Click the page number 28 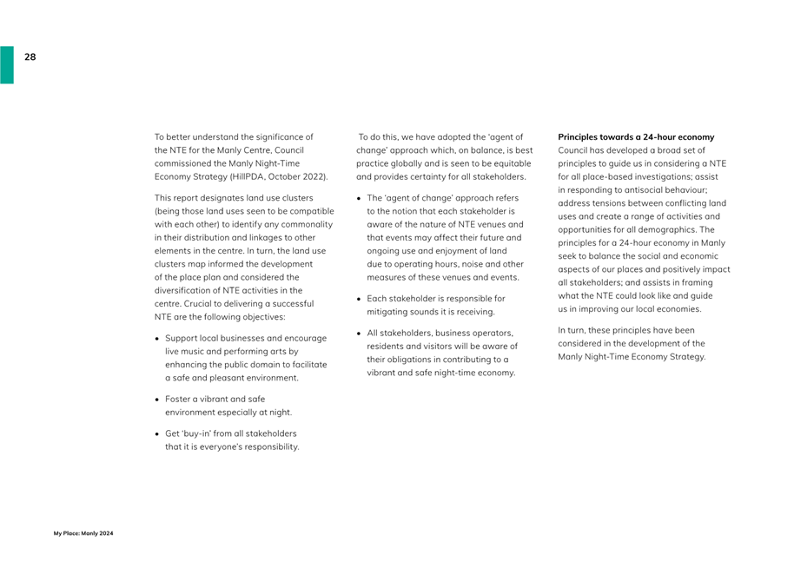coord(30,57)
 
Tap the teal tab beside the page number coord(6,64)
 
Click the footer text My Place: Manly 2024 coord(83,532)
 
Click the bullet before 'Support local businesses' coord(157,338)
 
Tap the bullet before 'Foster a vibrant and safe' coord(157,399)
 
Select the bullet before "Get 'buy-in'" coord(157,433)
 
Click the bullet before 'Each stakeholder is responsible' coord(359,298)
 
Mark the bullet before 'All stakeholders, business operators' coord(359,333)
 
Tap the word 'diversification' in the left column coord(183,290)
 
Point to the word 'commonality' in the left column coord(305,224)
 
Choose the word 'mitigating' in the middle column coord(388,311)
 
